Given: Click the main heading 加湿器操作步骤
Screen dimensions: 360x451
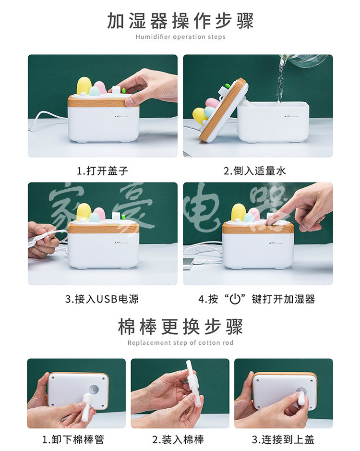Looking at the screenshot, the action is pyautogui.click(x=180, y=21).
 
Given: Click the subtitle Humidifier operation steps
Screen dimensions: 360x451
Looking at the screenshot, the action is pyautogui.click(x=180, y=37).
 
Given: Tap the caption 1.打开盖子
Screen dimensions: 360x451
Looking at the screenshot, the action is pyautogui.click(x=102, y=171).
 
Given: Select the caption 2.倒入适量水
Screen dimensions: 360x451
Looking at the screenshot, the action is pyautogui.click(x=255, y=171).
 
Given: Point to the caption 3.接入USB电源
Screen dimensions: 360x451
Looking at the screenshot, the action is pyautogui.click(x=102, y=299).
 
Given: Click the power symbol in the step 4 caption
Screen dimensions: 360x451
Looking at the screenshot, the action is pyautogui.click(x=235, y=299).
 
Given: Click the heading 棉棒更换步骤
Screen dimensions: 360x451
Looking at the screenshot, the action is pyautogui.click(x=180, y=327).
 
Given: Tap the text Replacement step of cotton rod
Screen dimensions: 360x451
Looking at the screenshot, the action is pyautogui.click(x=180, y=342).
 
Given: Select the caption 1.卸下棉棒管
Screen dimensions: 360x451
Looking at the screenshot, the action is pyautogui.click(x=73, y=439).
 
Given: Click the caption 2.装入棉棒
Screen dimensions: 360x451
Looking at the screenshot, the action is pyautogui.click(x=178, y=439).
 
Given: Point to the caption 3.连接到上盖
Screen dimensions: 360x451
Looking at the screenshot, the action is pyautogui.click(x=283, y=439).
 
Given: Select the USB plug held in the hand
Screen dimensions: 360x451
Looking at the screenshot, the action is pyautogui.click(x=43, y=236).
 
